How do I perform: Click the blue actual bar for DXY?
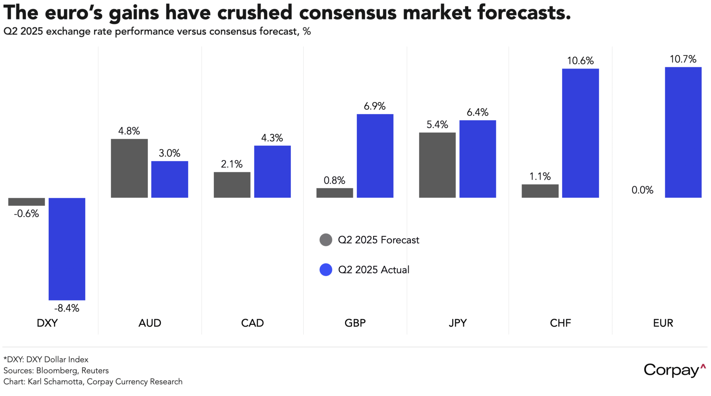pos(67,249)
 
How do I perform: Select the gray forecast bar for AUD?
pos(129,168)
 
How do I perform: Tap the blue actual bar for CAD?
pos(272,171)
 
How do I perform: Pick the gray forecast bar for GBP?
pos(334,193)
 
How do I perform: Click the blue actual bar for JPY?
pos(477,159)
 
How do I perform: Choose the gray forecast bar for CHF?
pos(540,191)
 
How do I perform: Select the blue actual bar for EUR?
pos(683,132)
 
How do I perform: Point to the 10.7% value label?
pos(683,59)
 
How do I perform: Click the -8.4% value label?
pos(67,308)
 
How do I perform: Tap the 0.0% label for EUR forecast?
pos(642,190)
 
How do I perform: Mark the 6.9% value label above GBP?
pos(374,106)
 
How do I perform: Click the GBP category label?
pos(355,323)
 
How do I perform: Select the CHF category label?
pos(560,323)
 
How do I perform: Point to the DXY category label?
pos(47,323)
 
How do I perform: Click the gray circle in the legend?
pos(326,240)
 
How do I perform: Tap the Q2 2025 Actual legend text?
pos(374,270)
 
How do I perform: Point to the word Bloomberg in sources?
pos(56,371)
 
